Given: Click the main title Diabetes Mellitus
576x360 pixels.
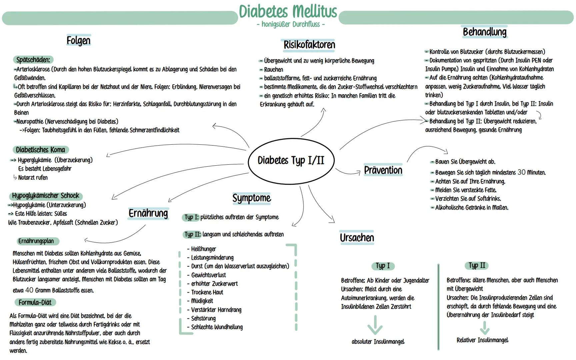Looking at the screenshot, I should (x=288, y=12).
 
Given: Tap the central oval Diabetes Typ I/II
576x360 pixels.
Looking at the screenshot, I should (x=291, y=161).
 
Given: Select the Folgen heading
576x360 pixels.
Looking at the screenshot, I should (x=78, y=41).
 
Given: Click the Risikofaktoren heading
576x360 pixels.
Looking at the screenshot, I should (x=309, y=45).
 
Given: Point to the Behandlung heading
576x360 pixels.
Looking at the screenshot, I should (x=484, y=32).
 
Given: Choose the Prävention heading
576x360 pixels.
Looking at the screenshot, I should (x=383, y=170).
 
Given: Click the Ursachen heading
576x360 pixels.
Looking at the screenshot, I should (x=357, y=238).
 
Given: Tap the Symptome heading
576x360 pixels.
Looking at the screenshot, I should (x=252, y=198).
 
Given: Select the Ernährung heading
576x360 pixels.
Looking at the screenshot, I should (x=148, y=213).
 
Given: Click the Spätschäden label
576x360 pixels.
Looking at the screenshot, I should (x=33, y=60).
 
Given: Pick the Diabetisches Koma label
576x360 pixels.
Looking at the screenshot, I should (x=40, y=150).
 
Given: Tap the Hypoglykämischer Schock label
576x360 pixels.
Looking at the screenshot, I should (x=46, y=196).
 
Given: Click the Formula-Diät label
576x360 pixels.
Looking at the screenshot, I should (x=35, y=303).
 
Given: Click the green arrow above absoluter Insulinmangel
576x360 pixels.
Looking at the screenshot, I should (x=375, y=325).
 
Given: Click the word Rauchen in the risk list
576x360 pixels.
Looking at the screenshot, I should (x=273, y=70).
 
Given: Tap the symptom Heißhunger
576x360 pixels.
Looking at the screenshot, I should (x=203, y=249).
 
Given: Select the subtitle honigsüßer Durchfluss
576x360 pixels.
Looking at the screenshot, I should (x=290, y=24).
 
